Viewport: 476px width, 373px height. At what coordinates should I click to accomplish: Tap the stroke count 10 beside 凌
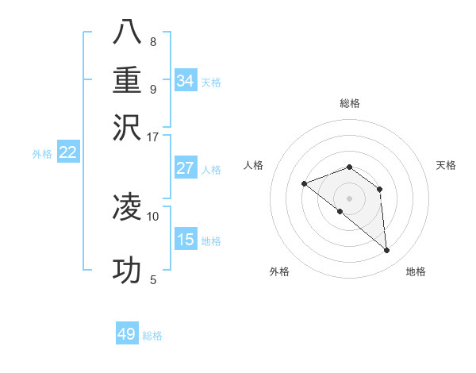tap(152, 215)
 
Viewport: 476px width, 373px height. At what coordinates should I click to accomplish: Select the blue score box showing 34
tap(186, 81)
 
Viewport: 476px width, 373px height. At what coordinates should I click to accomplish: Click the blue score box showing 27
tap(186, 168)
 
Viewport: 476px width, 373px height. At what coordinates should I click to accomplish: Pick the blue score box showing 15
tap(186, 240)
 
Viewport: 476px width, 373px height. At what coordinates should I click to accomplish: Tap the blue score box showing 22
tap(67, 153)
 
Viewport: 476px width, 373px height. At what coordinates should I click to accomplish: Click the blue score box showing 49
tap(127, 334)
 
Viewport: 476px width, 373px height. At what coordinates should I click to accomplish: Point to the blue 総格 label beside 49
tap(152, 336)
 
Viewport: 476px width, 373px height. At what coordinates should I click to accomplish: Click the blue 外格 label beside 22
tap(42, 154)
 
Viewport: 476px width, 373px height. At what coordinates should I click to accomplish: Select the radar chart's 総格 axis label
tap(350, 103)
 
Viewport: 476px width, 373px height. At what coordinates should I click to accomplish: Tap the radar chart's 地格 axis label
tap(416, 272)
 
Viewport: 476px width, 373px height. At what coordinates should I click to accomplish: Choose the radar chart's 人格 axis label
tap(254, 165)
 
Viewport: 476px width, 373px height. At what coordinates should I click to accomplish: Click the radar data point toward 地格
tap(386, 251)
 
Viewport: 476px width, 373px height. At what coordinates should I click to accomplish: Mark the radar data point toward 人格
tap(304, 183)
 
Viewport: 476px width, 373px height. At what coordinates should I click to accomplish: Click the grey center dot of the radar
tap(349, 198)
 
